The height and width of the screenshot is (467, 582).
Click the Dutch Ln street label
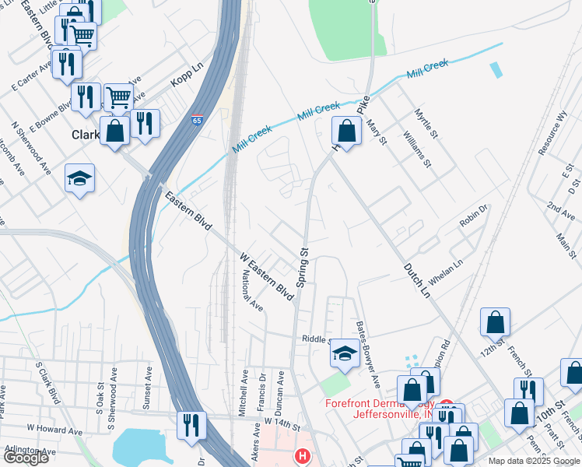point(416,280)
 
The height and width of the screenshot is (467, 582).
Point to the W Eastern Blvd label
point(267,276)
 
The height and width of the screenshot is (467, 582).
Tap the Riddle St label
point(317,339)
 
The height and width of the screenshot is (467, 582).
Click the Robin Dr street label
point(472,216)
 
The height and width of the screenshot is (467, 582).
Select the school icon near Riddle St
point(344,355)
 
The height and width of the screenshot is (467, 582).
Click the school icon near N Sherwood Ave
point(79,179)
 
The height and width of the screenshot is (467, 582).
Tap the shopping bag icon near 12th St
point(495,322)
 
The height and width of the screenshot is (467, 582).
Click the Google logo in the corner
point(26,458)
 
